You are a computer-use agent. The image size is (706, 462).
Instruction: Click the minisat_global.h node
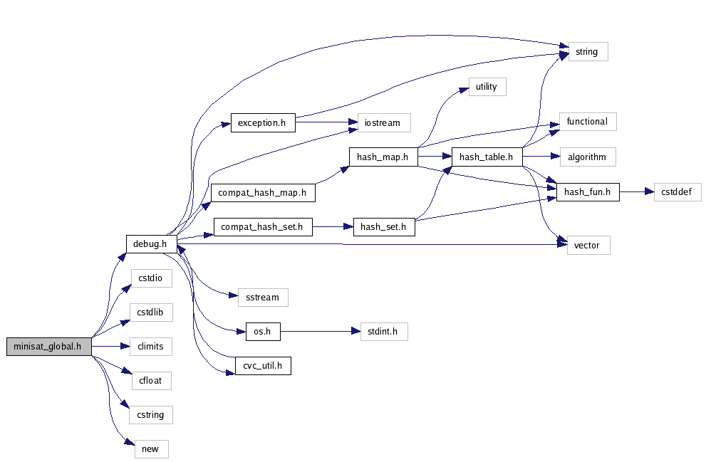pyautogui.click(x=48, y=347)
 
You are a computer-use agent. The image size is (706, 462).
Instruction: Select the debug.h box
pyautogui.click(x=151, y=243)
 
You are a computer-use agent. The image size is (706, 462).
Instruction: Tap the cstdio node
pyautogui.click(x=151, y=278)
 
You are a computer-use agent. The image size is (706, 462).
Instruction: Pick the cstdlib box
pyautogui.click(x=151, y=313)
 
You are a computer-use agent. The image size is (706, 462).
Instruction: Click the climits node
pyautogui.click(x=151, y=347)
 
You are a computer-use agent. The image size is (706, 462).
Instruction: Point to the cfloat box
pyautogui.click(x=151, y=380)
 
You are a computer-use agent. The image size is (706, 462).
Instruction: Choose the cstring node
pyautogui.click(x=151, y=414)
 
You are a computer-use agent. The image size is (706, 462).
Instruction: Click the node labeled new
pyautogui.click(x=151, y=449)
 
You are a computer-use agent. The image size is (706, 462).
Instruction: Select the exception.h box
pyautogui.click(x=262, y=122)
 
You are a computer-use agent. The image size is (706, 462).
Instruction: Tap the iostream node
pyautogui.click(x=383, y=122)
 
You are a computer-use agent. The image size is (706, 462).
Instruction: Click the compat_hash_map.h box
pyautogui.click(x=262, y=192)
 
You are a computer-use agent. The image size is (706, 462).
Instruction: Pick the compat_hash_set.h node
pyautogui.click(x=263, y=227)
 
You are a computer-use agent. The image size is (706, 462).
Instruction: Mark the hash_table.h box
pyautogui.click(x=487, y=157)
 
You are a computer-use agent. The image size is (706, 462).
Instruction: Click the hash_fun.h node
pyautogui.click(x=588, y=191)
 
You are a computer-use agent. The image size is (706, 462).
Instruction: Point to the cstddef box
pyautogui.click(x=678, y=191)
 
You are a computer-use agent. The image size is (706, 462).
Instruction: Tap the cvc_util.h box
pyautogui.click(x=263, y=366)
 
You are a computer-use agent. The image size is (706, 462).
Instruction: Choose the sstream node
pyautogui.click(x=263, y=297)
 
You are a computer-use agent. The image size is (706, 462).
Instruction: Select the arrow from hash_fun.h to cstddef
pyautogui.click(x=636, y=191)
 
